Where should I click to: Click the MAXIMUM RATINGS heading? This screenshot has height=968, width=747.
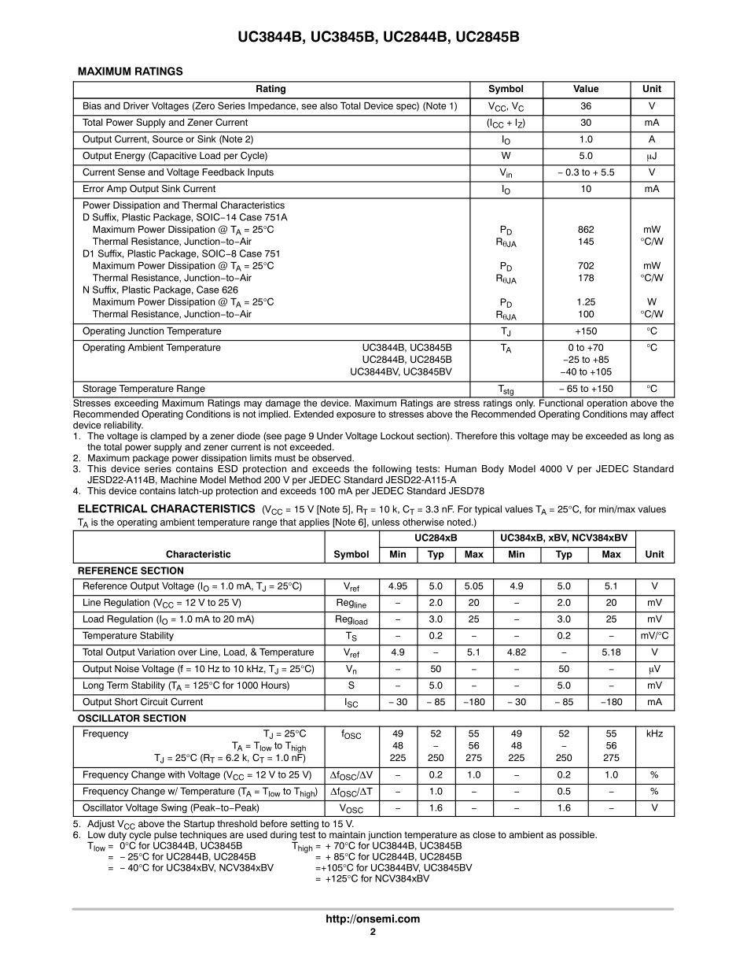[130, 72]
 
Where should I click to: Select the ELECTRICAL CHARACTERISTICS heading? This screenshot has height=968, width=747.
[166, 509]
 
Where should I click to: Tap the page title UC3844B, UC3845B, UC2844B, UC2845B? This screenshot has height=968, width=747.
[373, 37]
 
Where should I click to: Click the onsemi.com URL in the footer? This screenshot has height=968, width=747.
[373, 918]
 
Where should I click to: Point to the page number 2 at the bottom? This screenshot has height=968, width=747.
[373, 932]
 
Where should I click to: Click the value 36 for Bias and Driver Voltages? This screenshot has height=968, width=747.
[586, 106]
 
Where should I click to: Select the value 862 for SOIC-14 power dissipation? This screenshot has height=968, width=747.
[586, 230]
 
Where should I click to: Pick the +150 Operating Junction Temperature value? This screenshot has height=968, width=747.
[586, 331]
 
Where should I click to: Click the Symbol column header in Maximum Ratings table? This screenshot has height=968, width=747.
[506, 89]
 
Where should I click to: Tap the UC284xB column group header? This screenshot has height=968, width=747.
[436, 538]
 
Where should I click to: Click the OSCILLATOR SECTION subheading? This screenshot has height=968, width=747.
[132, 718]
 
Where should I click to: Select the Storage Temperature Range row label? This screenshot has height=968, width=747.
[143, 389]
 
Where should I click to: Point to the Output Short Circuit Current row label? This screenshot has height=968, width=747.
[142, 702]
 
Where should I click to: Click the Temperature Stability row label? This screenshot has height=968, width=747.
[128, 636]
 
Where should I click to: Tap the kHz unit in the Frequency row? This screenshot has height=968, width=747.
[654, 733]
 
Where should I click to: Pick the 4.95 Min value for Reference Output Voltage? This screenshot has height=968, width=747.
[398, 586]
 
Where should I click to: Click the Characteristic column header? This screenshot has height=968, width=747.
[198, 554]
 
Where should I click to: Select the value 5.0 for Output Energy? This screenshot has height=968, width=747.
[586, 156]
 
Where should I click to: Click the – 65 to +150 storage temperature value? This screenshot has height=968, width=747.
[586, 389]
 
